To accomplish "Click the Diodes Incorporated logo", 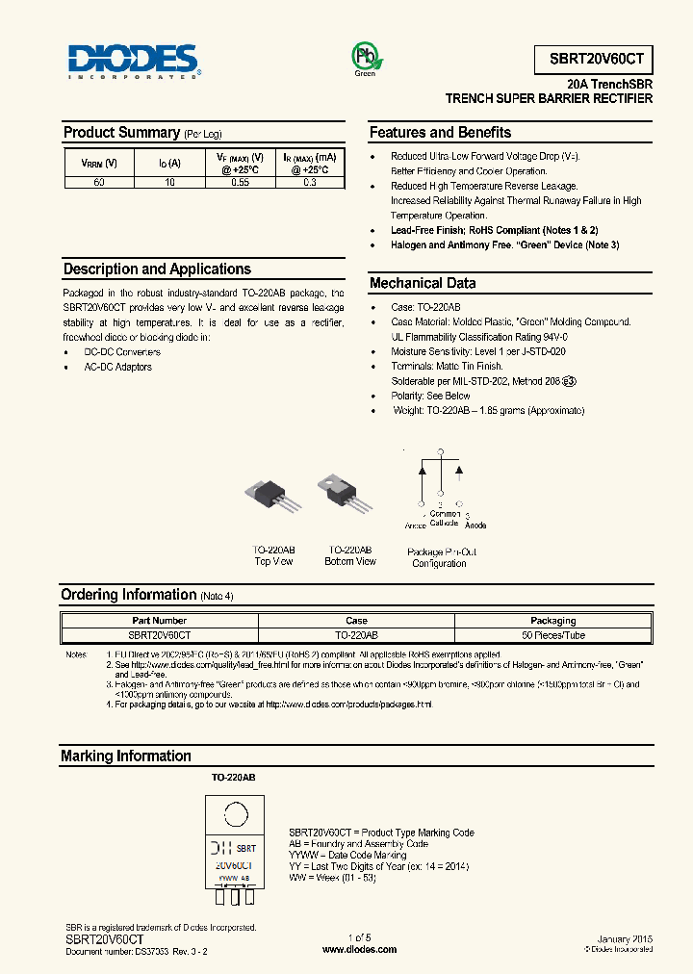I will coord(134,61).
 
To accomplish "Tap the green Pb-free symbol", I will coord(366,57).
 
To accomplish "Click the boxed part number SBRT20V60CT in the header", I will coord(593,60).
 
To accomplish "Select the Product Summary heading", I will coord(121,133).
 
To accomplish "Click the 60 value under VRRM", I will coord(98,182).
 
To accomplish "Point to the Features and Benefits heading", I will coord(440,133).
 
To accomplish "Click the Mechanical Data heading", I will coord(422,283).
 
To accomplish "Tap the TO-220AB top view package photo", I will coord(273,498).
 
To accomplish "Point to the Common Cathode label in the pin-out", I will coord(444,518).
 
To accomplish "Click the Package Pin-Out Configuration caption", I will coord(441,557).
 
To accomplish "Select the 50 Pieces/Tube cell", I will coord(552,635).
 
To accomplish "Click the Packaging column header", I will coord(552,621).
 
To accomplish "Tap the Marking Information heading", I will coord(126,756).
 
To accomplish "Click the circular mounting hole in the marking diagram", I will coord(234,816).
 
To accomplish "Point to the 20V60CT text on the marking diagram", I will coord(235,865).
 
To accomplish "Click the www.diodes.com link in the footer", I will coord(358,949).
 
